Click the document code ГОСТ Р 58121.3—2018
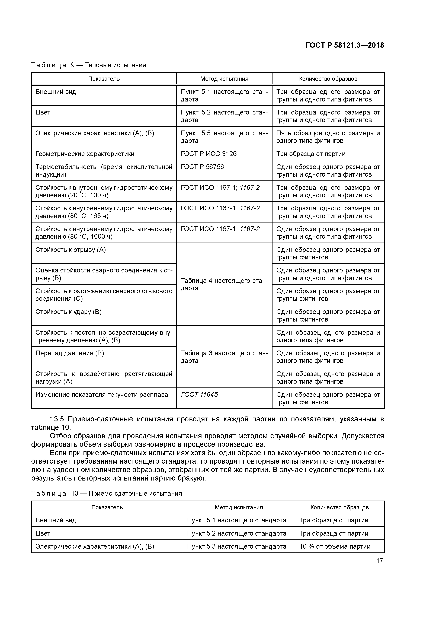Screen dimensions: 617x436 pos(345,45)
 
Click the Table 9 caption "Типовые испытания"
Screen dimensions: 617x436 pos(115,65)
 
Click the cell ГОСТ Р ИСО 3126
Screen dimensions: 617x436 pos(209,154)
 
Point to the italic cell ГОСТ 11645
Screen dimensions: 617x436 pos(199,395)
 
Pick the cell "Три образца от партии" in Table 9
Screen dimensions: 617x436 pos(311,154)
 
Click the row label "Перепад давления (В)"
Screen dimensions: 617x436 pos(70,353)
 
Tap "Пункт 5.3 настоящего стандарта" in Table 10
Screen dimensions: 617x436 pos(236,546)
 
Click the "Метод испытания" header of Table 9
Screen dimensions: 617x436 pos(224,79)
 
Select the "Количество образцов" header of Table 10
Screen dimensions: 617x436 pos(339,507)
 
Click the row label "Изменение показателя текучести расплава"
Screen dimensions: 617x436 pos(102,395)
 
